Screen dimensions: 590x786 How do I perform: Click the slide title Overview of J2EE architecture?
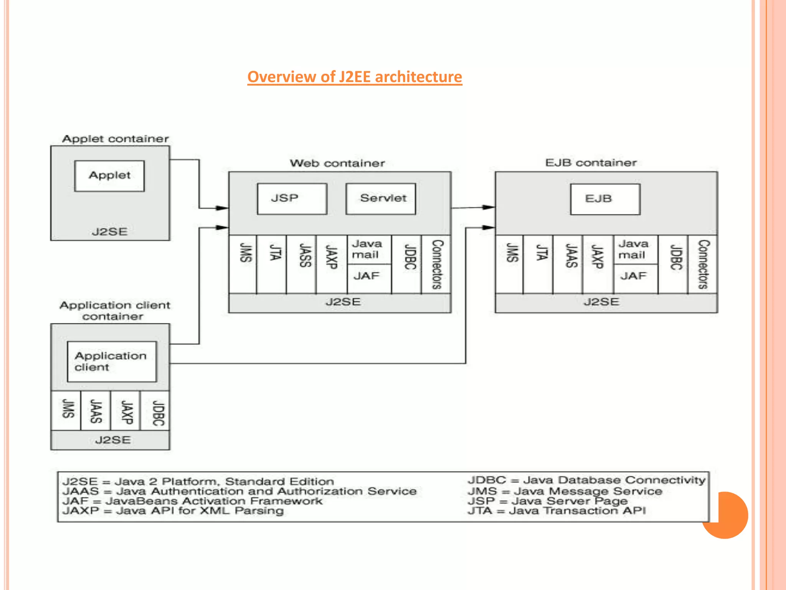354,77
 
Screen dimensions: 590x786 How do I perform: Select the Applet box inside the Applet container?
109,176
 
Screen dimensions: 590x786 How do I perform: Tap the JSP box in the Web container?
292,199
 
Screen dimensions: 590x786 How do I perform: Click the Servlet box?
380,199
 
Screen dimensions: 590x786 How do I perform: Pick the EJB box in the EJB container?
605,199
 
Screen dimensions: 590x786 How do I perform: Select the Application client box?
112,361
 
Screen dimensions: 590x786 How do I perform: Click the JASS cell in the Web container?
301,264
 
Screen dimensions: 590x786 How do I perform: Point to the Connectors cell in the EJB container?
702,264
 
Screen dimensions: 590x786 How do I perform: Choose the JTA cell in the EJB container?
538,264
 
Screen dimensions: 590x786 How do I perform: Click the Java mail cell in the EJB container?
635,249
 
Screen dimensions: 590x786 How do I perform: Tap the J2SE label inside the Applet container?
109,232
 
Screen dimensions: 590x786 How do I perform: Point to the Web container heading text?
337,163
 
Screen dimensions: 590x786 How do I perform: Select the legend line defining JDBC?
586,480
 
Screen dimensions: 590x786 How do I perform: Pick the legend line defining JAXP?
173,511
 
